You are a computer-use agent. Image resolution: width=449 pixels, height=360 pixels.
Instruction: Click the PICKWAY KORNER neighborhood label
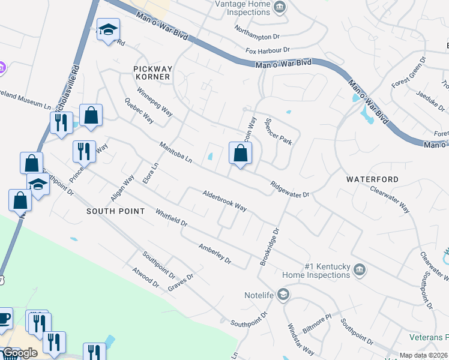(x=152, y=73)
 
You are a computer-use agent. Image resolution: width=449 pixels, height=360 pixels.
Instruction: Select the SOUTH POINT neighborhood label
(x=115, y=211)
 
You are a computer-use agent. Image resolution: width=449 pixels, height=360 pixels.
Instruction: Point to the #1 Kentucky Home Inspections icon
(x=359, y=268)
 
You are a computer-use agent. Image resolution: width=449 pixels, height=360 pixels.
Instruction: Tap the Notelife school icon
(x=283, y=294)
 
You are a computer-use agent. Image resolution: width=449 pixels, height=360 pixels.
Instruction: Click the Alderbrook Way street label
(x=224, y=200)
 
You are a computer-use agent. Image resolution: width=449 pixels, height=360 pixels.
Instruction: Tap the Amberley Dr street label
(x=215, y=253)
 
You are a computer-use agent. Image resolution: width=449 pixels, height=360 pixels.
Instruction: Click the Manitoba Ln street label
(x=175, y=153)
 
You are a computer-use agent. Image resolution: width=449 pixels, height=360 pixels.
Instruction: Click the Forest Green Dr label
(x=409, y=72)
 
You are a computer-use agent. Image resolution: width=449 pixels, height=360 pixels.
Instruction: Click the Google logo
(x=20, y=353)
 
